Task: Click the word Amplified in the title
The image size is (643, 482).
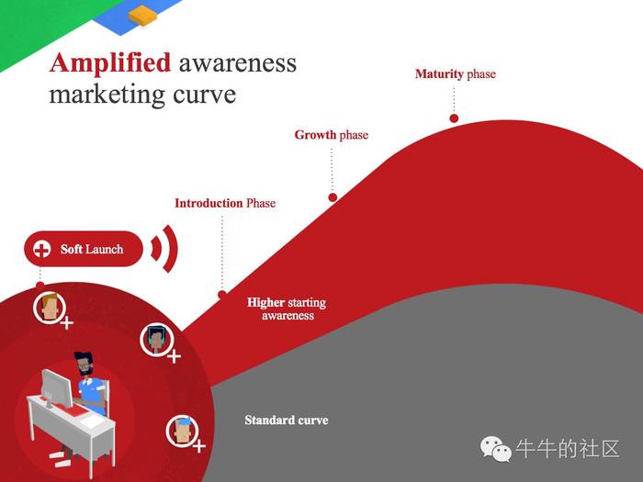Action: tap(110, 63)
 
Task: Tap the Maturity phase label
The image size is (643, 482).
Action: tap(456, 74)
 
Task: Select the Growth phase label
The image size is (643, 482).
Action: tap(332, 135)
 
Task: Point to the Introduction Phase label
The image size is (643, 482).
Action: tap(225, 203)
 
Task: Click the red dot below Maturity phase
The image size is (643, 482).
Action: tap(454, 118)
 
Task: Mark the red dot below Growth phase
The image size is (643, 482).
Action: tap(333, 197)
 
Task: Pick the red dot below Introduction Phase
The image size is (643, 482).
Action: tap(222, 295)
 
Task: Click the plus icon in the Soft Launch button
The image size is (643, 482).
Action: tap(41, 249)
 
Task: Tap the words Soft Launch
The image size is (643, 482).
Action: tap(92, 249)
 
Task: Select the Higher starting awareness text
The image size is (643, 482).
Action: tap(287, 309)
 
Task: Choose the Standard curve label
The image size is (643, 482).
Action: tap(287, 420)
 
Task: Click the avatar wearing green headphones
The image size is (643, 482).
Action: tap(156, 340)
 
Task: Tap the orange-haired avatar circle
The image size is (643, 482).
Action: tap(50, 308)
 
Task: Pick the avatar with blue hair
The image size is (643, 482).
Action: tap(182, 431)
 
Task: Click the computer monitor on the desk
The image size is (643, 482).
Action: tap(56, 387)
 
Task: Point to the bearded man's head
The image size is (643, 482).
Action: tap(85, 364)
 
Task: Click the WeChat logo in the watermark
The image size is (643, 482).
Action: tap(496, 449)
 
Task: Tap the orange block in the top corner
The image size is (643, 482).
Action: tap(142, 16)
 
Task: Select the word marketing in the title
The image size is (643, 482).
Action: tap(107, 95)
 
